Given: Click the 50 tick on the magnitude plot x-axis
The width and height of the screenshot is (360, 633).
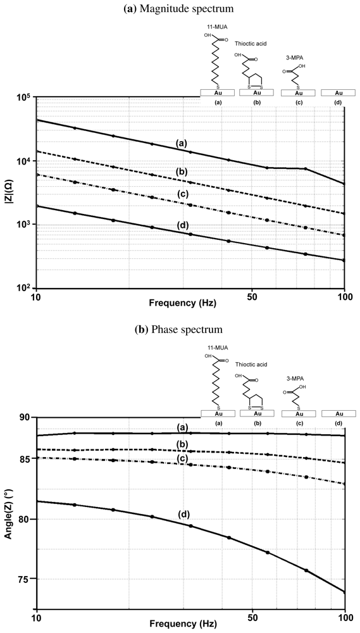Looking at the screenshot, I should point(252,296).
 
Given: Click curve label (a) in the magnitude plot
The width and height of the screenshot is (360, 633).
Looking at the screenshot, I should point(182,144).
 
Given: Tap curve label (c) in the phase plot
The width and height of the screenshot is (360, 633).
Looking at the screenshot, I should point(182,458).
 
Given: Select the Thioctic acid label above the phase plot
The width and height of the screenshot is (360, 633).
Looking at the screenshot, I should point(251,365).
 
